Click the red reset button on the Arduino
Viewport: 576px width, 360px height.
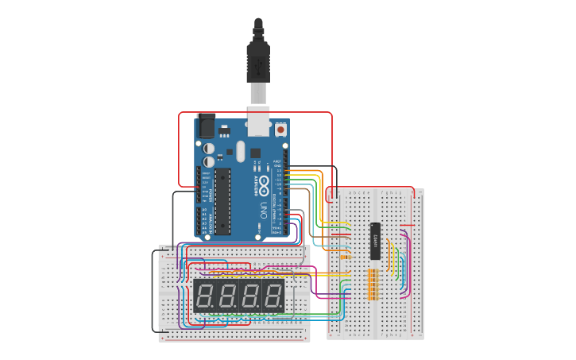(280, 129)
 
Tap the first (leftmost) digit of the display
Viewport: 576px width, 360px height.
(204, 296)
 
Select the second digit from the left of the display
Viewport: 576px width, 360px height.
(227, 296)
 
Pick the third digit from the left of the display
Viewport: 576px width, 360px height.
(250, 296)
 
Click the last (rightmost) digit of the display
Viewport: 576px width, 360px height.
(273, 296)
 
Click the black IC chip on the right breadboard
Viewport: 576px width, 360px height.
(375, 241)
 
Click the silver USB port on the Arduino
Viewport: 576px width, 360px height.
(258, 118)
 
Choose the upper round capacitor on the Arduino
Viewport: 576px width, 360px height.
(208, 148)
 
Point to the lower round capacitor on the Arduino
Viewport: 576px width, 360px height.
(208, 161)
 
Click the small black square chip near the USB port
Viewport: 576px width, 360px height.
(255, 153)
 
